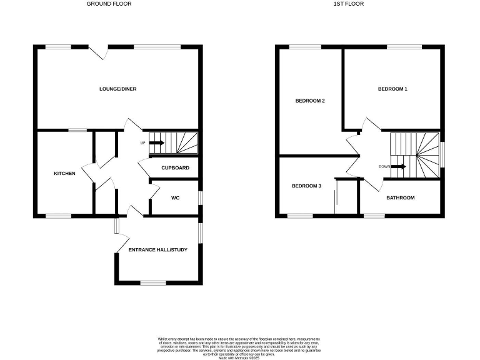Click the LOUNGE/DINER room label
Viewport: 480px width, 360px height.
pyautogui.click(x=117, y=89)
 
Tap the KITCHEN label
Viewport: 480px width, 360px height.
pyautogui.click(x=64, y=173)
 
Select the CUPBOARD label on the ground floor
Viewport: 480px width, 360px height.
pyautogui.click(x=175, y=167)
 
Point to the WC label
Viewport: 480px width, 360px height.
pyautogui.click(x=176, y=197)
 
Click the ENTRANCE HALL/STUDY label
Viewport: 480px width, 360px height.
pyautogui.click(x=157, y=250)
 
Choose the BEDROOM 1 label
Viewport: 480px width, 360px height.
pyautogui.click(x=392, y=89)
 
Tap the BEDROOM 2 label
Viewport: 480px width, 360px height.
pyautogui.click(x=310, y=101)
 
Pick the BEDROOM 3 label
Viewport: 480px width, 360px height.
pyautogui.click(x=307, y=186)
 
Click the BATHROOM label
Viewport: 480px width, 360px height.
pyautogui.click(x=400, y=198)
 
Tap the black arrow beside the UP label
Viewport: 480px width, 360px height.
pyautogui.click(x=156, y=142)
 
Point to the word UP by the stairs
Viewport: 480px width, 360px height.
pyautogui.click(x=142, y=142)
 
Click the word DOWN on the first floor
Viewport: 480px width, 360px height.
pyautogui.click(x=384, y=166)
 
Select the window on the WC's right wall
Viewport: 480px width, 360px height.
pyautogui.click(x=201, y=197)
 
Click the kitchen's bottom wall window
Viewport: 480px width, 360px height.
pyautogui.click(x=58, y=216)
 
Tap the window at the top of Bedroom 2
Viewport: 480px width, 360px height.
pyautogui.click(x=305, y=46)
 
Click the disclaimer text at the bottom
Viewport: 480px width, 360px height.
pyautogui.click(x=240, y=344)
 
